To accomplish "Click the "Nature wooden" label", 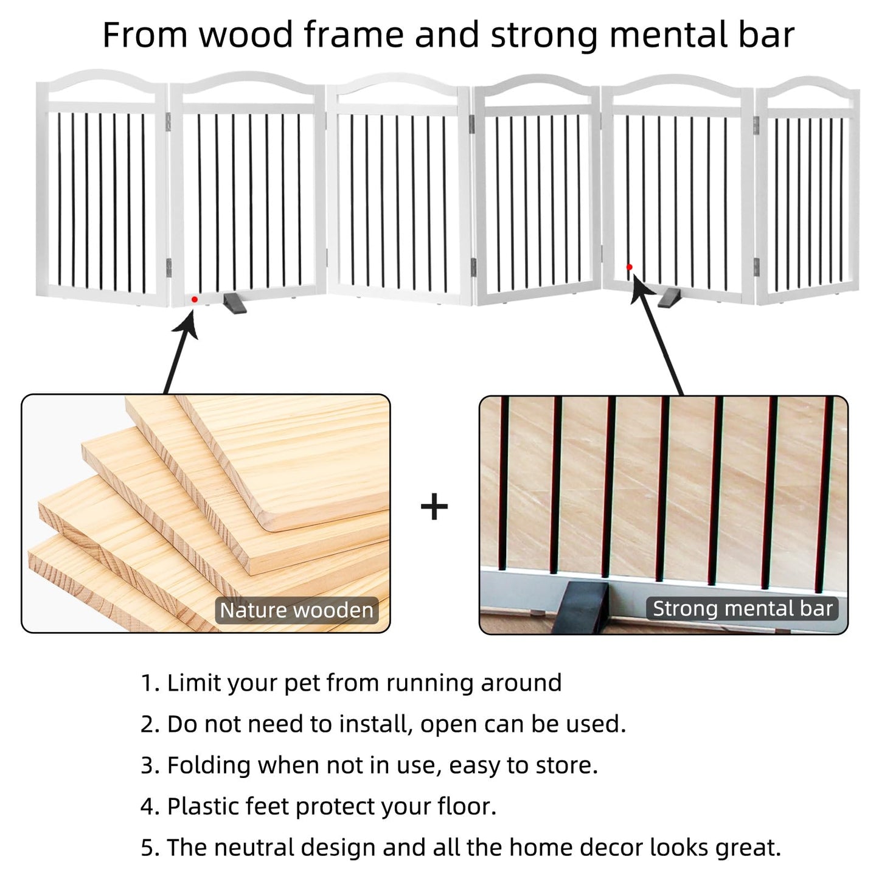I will [296, 610].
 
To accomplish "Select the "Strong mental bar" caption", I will [742, 608].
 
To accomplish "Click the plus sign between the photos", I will [434, 507].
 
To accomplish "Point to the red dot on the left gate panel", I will [194, 299].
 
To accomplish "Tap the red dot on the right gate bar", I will [629, 267].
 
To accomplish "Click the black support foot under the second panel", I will [235, 303].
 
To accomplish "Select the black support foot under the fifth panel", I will [672, 298].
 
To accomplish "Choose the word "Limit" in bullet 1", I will [192, 683].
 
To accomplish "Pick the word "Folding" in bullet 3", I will [209, 765].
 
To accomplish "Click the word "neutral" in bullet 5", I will [254, 847].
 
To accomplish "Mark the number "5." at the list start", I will [150, 848].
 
